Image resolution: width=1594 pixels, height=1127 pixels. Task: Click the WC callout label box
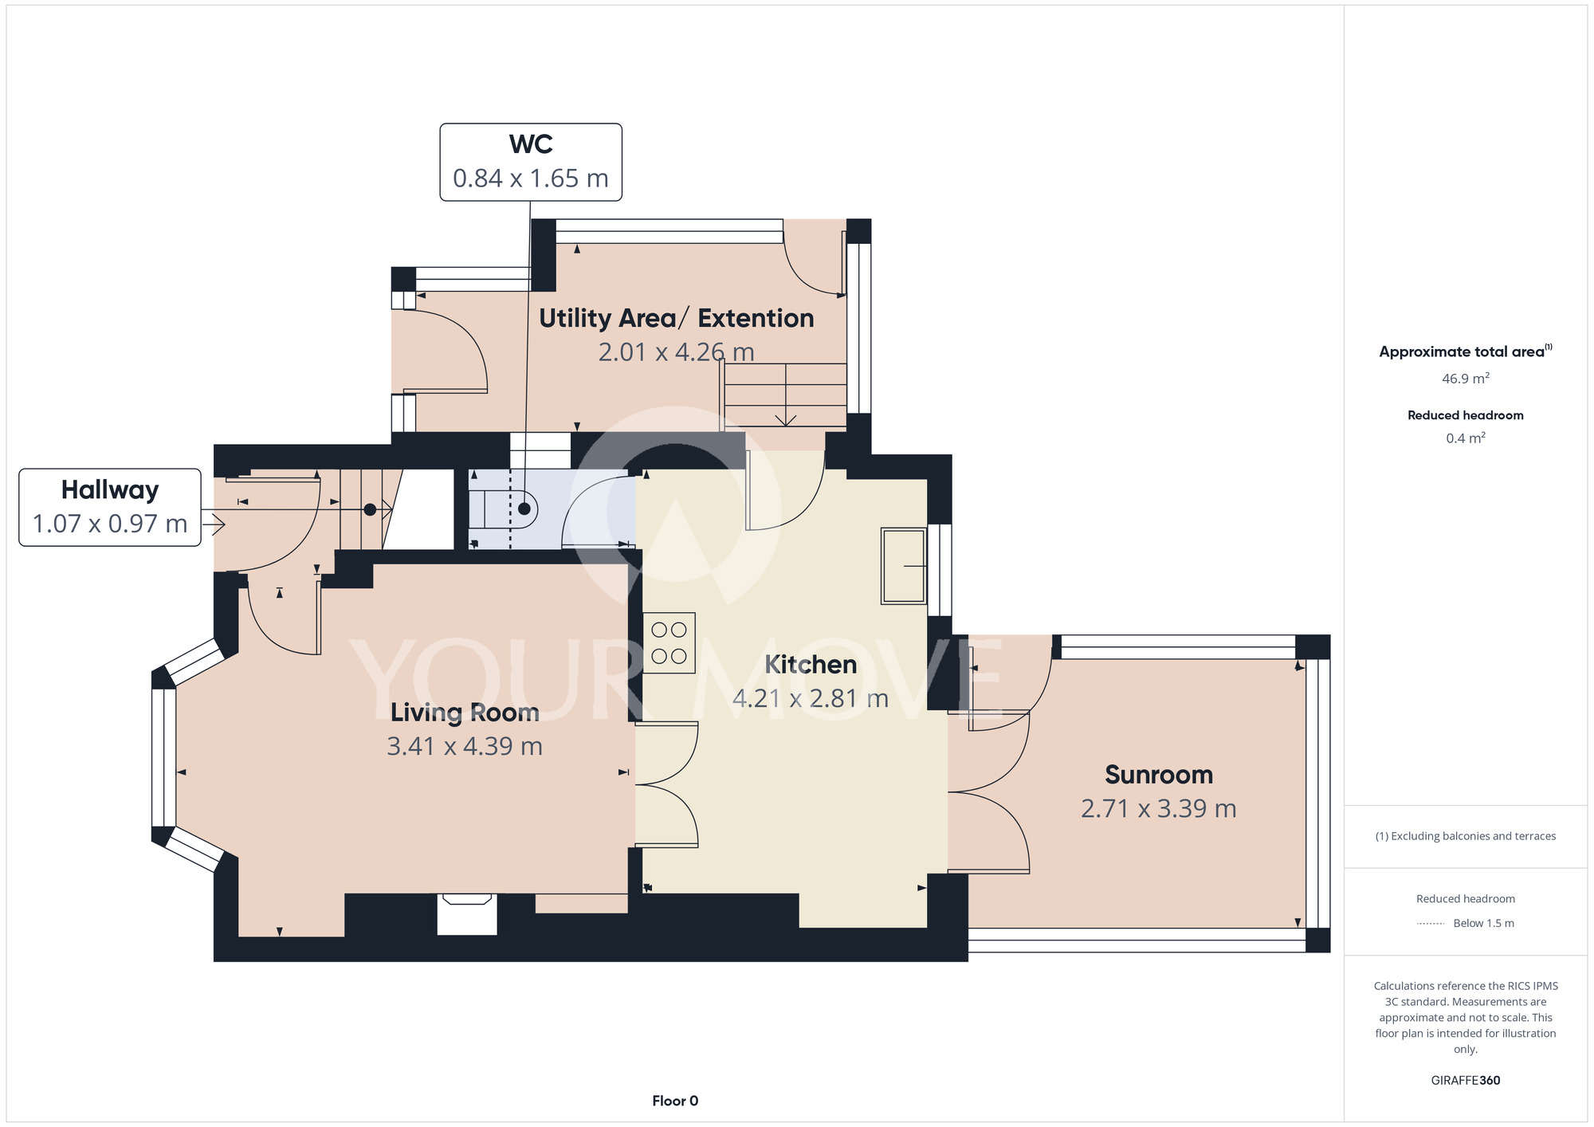coord(531,162)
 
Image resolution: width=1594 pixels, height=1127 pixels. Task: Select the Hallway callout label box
coord(110,507)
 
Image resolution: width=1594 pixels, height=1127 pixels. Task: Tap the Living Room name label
coord(465,712)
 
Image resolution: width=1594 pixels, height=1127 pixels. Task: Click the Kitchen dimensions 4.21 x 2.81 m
coord(811,698)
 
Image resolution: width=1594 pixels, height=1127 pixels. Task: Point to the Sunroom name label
coord(1159,774)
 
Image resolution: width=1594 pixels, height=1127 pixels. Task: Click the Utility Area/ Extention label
coord(677,318)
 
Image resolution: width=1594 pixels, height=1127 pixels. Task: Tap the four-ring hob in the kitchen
coord(669,642)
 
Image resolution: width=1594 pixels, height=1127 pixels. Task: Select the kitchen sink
coord(904,566)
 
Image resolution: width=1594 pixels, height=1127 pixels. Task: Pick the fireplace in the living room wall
coord(467,913)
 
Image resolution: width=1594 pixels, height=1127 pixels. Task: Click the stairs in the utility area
coord(785,395)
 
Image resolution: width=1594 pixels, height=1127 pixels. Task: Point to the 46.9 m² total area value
coord(1466,379)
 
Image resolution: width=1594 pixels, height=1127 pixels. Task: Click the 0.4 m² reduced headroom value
coord(1466,438)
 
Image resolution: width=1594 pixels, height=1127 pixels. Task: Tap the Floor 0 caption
coord(675,1101)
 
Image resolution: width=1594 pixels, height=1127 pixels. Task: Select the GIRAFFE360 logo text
coord(1466,1081)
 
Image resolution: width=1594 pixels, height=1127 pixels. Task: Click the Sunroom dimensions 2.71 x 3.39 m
coord(1159,808)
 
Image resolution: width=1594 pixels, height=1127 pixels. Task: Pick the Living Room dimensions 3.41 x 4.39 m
coord(465,746)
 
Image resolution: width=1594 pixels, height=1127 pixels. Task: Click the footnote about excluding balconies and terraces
coord(1466,836)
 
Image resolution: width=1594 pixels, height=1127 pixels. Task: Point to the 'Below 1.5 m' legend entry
coord(1484,923)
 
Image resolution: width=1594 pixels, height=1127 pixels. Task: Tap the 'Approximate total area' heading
coord(1466,351)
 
